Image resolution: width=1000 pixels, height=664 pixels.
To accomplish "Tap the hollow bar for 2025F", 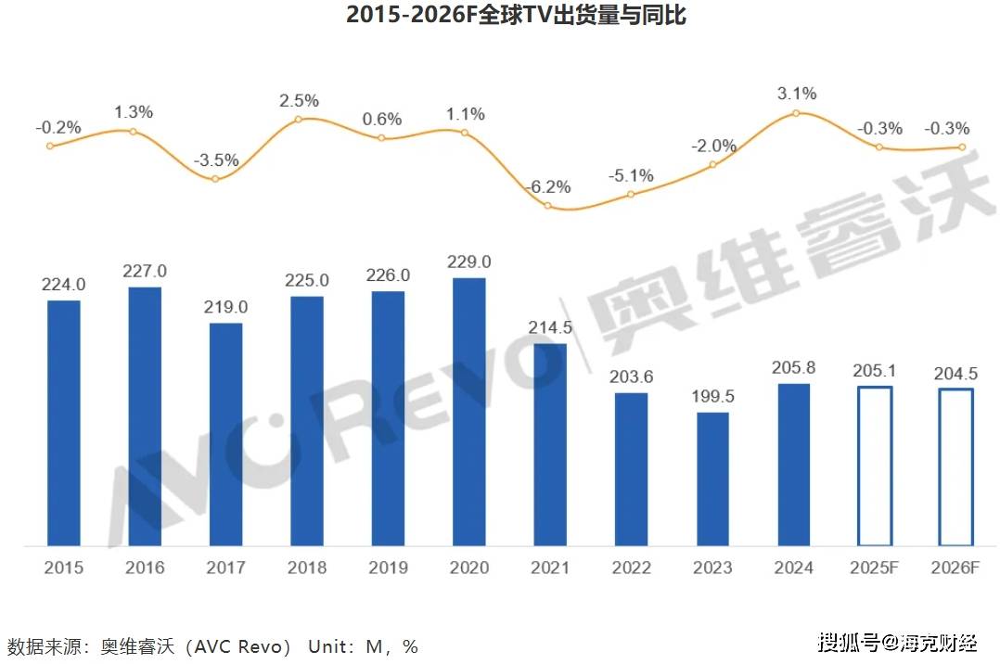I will click(x=875, y=466).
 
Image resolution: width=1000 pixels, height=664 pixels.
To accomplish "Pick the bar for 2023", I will click(x=712, y=479).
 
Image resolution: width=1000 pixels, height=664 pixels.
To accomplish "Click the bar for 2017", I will click(x=225, y=434).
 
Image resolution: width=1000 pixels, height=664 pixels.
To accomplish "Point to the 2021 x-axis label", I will click(x=550, y=568).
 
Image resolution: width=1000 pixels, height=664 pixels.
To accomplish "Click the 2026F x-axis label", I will click(x=956, y=568).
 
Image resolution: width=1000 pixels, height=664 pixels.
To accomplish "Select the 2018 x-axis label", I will click(x=306, y=568).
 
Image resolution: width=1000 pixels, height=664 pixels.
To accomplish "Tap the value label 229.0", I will click(x=468, y=262).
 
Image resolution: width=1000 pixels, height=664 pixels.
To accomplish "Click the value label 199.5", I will click(x=712, y=397).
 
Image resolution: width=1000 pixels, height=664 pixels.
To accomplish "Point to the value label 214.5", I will click(x=550, y=327).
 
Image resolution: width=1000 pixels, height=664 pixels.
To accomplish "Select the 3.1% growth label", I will click(x=796, y=93).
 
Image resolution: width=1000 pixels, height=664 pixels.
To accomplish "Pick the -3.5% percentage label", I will click(x=216, y=160).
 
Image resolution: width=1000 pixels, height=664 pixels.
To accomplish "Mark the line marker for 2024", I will click(x=795, y=113).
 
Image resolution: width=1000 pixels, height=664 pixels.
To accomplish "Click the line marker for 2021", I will click(x=548, y=205).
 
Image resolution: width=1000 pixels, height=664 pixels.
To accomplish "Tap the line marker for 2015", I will click(x=50, y=146).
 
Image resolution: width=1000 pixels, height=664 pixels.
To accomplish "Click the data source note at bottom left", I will click(x=212, y=645).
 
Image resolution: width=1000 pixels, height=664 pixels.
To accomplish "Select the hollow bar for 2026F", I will click(x=955, y=466).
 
